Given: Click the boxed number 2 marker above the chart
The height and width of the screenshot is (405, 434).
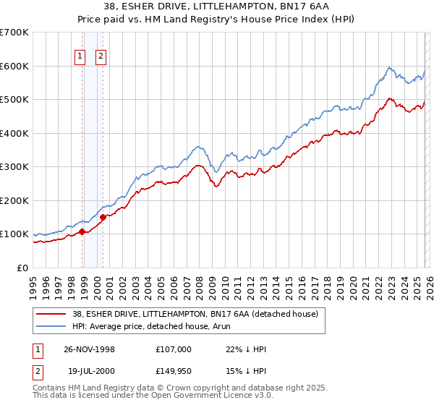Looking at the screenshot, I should point(101,57).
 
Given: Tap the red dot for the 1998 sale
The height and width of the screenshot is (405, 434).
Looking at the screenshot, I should point(82,231).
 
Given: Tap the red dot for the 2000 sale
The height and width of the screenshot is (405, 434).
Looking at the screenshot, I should point(103,217).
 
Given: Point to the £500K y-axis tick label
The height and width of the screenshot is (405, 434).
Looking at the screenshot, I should point(14,100).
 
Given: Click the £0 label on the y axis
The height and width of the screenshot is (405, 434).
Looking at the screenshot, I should point(22,268).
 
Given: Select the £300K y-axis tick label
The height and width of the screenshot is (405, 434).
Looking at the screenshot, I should point(14,167).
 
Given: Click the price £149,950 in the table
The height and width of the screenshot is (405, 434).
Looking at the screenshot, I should point(173,371).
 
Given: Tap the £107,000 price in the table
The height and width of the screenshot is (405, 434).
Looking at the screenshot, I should point(173,349).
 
